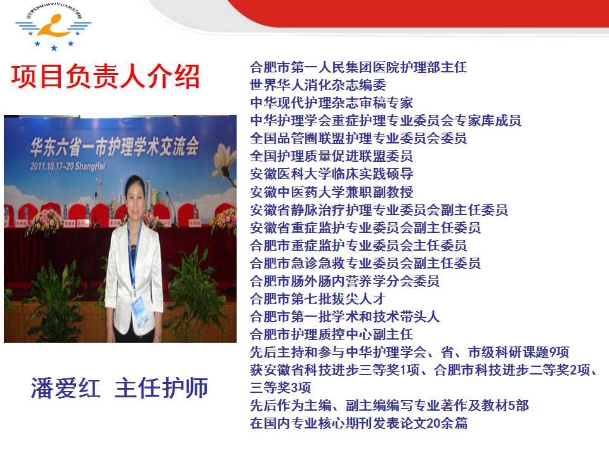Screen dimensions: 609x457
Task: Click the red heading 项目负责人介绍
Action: click(105, 77)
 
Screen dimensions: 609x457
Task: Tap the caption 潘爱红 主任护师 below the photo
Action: click(119, 388)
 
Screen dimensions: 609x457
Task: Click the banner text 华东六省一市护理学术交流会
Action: click(115, 147)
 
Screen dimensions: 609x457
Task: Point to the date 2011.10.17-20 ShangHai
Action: click(68, 166)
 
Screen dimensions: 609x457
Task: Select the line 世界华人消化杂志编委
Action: click(318, 84)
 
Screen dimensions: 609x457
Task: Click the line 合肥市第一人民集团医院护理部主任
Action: click(358, 67)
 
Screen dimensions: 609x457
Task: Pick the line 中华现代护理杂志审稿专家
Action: click(331, 103)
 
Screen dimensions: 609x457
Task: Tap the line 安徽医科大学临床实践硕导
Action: click(331, 174)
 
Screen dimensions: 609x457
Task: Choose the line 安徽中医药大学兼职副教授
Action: click(331, 192)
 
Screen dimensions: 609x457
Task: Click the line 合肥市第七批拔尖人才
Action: click(318, 299)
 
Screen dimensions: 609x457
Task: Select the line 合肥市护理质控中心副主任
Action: click(331, 334)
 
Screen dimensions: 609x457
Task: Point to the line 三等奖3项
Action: click(280, 387)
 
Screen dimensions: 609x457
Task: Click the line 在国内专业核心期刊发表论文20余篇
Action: click(358, 423)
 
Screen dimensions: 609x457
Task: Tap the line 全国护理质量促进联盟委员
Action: click(331, 156)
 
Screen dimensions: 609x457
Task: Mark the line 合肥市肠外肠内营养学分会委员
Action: click(344, 281)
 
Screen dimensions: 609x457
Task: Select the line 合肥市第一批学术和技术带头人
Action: click(344, 316)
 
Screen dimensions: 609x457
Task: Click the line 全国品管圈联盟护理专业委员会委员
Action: click(358, 138)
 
